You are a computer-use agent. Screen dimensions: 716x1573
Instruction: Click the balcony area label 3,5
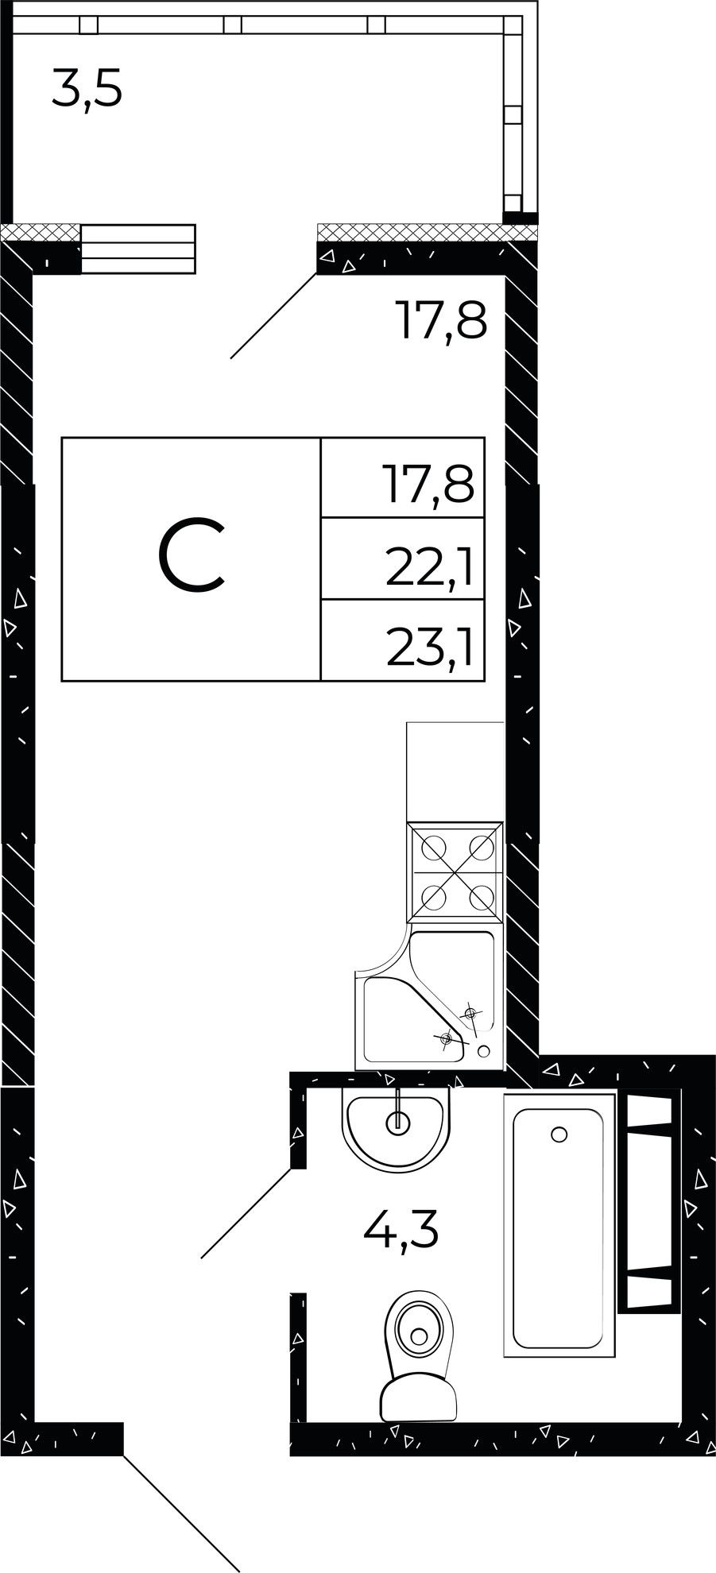(x=87, y=89)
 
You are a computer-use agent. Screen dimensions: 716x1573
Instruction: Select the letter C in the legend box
(x=192, y=555)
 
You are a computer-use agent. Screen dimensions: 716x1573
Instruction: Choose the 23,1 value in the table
(x=430, y=650)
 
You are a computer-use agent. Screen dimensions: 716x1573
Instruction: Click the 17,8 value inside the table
(x=430, y=485)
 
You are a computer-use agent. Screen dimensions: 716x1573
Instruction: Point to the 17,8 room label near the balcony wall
(x=440, y=320)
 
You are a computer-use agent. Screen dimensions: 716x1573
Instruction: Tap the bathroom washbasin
(x=397, y=1128)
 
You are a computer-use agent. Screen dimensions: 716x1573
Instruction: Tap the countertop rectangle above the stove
(x=455, y=771)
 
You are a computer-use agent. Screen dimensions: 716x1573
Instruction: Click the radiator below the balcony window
(x=138, y=249)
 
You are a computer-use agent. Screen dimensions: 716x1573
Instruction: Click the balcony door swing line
(x=273, y=315)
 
